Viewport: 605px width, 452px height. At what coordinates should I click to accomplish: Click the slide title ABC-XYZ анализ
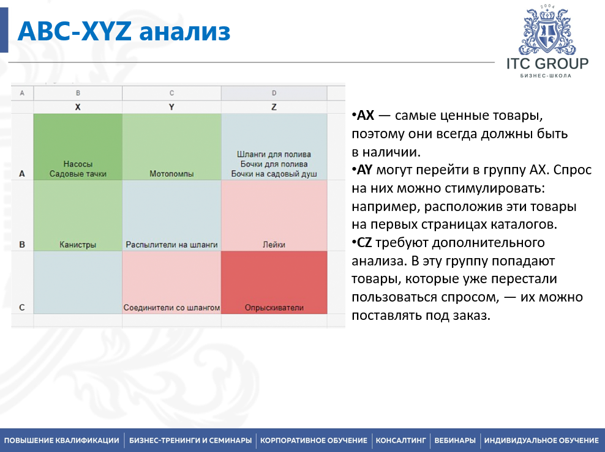click(x=124, y=31)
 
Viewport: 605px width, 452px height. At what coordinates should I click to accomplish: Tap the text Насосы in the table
click(x=78, y=164)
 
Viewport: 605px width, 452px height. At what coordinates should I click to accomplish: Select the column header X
click(x=78, y=107)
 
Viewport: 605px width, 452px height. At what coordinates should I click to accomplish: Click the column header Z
click(x=274, y=107)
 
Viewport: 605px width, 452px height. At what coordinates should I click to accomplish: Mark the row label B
click(x=22, y=245)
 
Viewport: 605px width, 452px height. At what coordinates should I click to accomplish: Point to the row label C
click(x=22, y=308)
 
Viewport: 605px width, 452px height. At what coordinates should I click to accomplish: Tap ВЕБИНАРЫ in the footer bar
click(x=454, y=440)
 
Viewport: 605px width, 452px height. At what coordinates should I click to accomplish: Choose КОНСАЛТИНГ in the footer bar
click(x=400, y=440)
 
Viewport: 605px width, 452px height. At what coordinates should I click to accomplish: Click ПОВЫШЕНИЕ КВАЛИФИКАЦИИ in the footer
click(x=62, y=440)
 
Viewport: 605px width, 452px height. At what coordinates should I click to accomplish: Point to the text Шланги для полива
click(x=274, y=155)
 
